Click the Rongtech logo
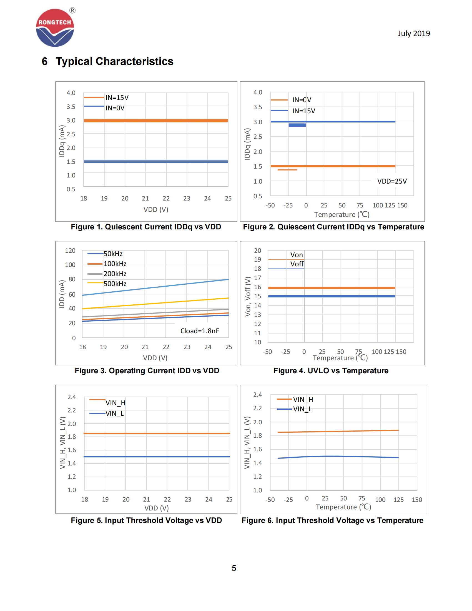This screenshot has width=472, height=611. point(55,28)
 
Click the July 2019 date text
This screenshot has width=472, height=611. point(414,34)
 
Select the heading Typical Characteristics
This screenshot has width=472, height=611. point(114,62)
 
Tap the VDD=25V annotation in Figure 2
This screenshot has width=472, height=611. point(392,181)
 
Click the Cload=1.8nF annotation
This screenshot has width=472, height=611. point(200,331)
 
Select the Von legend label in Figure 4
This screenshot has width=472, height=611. point(297,255)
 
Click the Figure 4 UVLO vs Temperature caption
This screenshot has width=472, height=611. point(331,371)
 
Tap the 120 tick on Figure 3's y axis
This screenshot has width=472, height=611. point(70,251)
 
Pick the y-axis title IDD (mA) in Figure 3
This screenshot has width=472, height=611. point(62,294)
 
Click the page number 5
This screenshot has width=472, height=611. point(234,568)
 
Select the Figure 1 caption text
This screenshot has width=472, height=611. point(146,227)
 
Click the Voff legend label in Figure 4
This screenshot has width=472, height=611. point(297,264)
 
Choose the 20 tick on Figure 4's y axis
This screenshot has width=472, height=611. point(257,251)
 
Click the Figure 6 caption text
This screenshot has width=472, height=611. point(332,520)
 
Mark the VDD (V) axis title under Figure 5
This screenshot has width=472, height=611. point(156,508)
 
